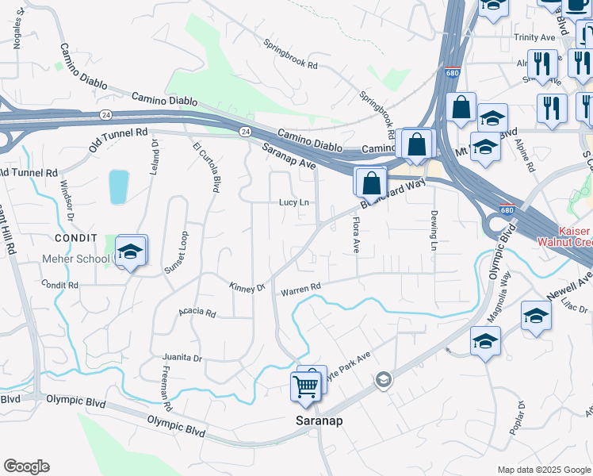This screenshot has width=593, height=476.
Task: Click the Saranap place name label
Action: [319, 420]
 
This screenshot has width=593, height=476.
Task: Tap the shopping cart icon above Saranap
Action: [306, 386]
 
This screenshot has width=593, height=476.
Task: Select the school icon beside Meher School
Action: [130, 252]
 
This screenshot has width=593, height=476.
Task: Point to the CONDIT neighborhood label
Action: [76, 238]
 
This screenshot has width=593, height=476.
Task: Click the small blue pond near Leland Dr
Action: [118, 187]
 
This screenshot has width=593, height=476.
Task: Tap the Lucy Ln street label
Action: [293, 202]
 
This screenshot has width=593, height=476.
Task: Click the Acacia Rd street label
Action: [197, 313]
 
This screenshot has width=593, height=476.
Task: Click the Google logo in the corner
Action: [26, 466]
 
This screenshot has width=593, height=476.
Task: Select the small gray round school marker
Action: [384, 380]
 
